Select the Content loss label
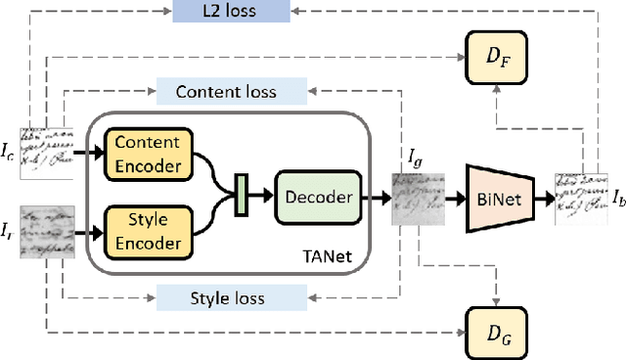pyautogui.click(x=226, y=92)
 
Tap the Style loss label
pyautogui.click(x=226, y=297)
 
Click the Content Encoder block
pyautogui.click(x=148, y=155)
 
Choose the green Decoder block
pyautogui.click(x=318, y=196)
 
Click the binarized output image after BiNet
pyautogui.click(x=581, y=199)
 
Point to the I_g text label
pyautogui.click(x=418, y=157)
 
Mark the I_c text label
pyautogui.click(x=9, y=152)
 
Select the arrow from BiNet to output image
pyautogui.click(x=543, y=198)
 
